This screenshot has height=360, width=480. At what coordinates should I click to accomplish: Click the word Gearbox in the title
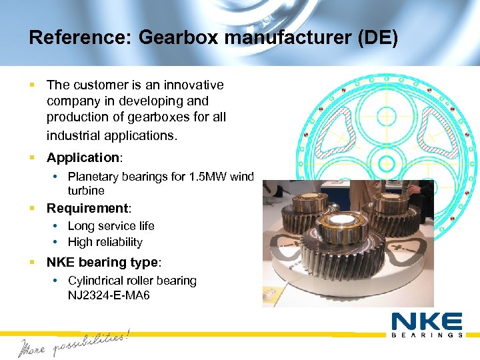(178, 38)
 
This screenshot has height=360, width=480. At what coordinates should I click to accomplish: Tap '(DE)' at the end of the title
(377, 38)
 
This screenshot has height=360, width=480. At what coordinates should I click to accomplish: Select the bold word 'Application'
(82, 158)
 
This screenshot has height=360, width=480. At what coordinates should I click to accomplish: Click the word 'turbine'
(86, 191)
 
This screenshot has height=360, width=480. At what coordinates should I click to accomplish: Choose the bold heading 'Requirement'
(87, 209)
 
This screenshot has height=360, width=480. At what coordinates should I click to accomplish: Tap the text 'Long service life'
(111, 226)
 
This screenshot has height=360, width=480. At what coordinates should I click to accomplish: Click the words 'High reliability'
(105, 243)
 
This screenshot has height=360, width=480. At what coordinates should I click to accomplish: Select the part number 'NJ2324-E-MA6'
(109, 294)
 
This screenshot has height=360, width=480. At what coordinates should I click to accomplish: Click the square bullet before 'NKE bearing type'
(33, 263)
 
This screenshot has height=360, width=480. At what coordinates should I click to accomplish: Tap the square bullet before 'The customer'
(33, 85)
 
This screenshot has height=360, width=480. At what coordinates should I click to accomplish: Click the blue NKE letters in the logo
(427, 321)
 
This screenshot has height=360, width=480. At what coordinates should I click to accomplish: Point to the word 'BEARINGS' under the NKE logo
(427, 335)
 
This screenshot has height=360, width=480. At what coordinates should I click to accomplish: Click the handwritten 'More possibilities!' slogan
(73, 343)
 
